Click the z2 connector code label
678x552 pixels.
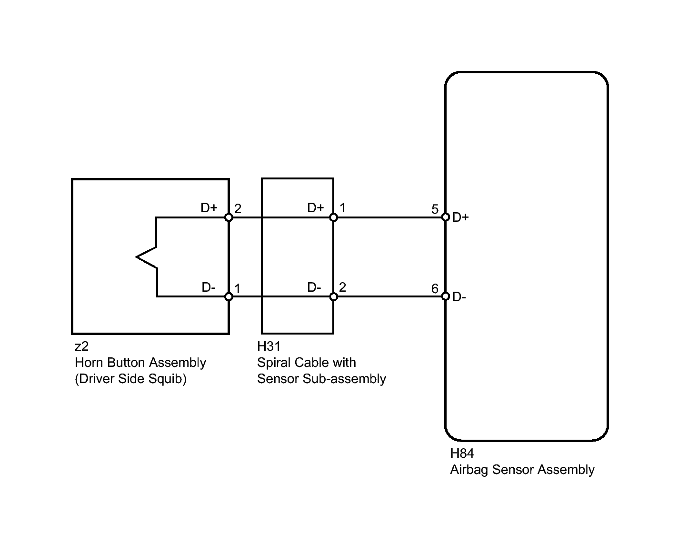point(81,346)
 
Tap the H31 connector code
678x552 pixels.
point(269,346)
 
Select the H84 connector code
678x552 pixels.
point(462,453)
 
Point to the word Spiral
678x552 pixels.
point(274,363)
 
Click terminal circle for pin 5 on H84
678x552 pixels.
point(446,217)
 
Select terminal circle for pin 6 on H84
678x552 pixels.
point(446,296)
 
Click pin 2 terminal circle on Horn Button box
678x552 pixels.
point(229,217)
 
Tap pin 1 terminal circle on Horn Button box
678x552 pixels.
point(229,296)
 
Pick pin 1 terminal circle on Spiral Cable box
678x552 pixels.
point(333,217)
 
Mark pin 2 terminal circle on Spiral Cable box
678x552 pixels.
point(333,296)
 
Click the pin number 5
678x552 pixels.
point(435,209)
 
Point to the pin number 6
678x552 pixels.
point(435,288)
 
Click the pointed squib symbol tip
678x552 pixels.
point(136,257)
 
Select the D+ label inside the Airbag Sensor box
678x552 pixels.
point(460,217)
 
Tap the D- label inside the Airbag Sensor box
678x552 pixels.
point(459,297)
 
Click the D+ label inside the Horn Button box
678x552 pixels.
point(209,208)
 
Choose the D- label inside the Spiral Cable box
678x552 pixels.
point(314,287)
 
